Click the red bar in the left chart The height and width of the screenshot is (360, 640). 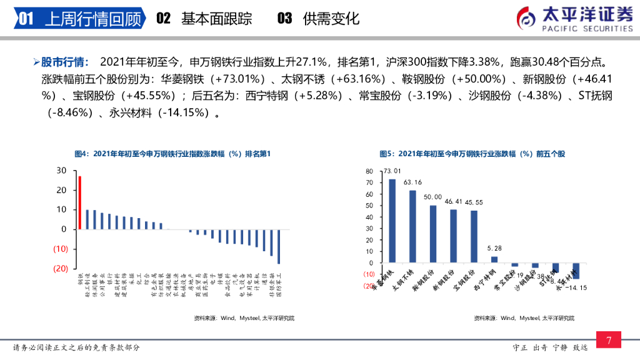click(x=79, y=202)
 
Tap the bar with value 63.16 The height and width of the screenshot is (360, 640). click(x=412, y=226)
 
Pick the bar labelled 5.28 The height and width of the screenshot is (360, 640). click(x=494, y=259)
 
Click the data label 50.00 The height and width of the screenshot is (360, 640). click(x=432, y=197)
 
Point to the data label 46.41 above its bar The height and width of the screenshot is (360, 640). click(x=453, y=201)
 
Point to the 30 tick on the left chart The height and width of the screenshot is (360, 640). click(x=61, y=170)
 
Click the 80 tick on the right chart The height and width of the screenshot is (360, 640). click(x=369, y=171)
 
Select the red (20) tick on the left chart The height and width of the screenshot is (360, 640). click(x=61, y=268)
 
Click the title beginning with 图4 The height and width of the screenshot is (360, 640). click(x=172, y=154)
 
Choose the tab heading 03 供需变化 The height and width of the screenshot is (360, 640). click(x=318, y=19)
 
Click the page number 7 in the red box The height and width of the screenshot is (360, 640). click(x=609, y=340)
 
